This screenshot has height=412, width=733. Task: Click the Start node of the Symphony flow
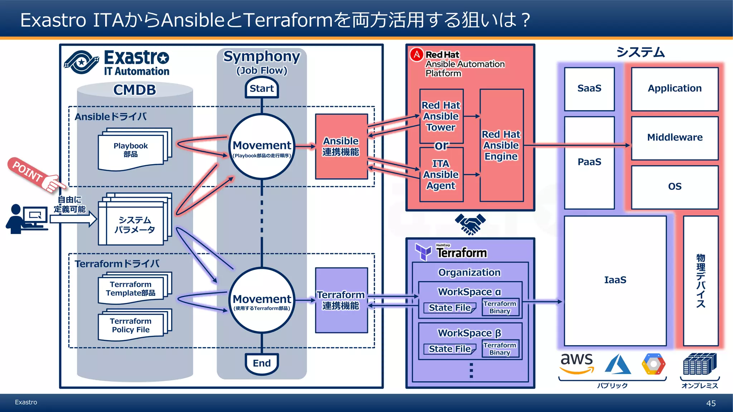click(262, 88)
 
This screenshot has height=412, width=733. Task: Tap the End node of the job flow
click(262, 363)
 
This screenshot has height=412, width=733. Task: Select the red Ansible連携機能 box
click(341, 146)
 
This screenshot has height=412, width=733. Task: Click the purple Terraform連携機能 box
click(341, 300)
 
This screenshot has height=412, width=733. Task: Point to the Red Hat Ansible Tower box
click(441, 116)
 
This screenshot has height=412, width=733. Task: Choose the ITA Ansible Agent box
click(441, 175)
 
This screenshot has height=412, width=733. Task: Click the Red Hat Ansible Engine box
click(501, 146)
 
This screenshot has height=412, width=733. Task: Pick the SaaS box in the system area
click(589, 88)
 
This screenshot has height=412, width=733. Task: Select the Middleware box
click(675, 138)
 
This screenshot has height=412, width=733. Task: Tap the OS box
click(675, 187)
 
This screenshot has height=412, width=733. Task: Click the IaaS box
click(615, 280)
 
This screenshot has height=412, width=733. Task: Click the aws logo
click(577, 362)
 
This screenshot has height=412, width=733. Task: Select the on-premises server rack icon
click(699, 364)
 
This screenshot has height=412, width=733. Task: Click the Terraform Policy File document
click(131, 325)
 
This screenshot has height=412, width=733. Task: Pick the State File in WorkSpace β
click(450, 349)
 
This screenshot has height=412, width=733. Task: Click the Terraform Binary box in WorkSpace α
click(500, 307)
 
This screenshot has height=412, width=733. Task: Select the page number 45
click(711, 403)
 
